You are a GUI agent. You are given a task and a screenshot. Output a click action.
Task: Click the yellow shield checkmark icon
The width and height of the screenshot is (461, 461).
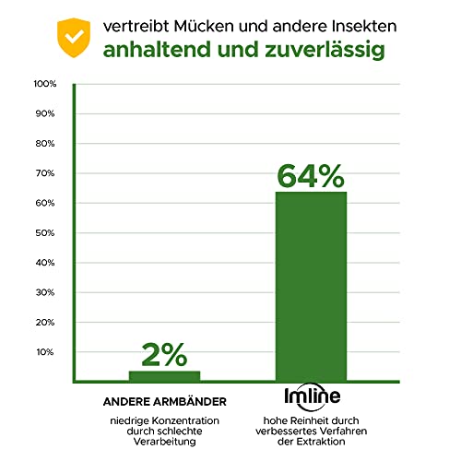74,38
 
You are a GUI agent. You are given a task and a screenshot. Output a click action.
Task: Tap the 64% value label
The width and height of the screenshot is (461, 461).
311,176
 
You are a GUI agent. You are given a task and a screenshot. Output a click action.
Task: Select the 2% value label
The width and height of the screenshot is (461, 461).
164,355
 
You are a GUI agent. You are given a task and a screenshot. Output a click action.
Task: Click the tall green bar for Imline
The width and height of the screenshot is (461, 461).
311,287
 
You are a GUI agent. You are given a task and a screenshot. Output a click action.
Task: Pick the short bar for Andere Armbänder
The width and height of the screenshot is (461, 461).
164,376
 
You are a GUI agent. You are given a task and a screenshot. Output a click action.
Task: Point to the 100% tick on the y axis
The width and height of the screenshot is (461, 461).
45,84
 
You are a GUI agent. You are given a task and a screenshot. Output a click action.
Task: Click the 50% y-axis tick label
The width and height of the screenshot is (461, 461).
45,233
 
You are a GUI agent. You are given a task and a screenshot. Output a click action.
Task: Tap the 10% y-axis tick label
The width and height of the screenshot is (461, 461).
45,352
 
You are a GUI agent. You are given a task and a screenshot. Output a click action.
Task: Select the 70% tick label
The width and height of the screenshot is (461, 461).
45,173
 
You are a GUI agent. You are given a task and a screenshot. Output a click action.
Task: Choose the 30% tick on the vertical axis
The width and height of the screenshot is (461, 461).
45,292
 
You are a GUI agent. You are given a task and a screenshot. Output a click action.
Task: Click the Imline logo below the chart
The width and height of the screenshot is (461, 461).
313,396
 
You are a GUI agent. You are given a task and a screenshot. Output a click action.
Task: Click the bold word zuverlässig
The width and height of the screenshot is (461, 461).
325,50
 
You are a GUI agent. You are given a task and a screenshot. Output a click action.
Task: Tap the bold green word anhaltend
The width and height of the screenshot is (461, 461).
159,49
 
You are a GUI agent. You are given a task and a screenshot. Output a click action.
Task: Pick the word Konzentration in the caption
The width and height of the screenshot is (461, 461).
185,420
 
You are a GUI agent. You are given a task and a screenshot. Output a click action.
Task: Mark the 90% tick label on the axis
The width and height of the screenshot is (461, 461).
45,113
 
